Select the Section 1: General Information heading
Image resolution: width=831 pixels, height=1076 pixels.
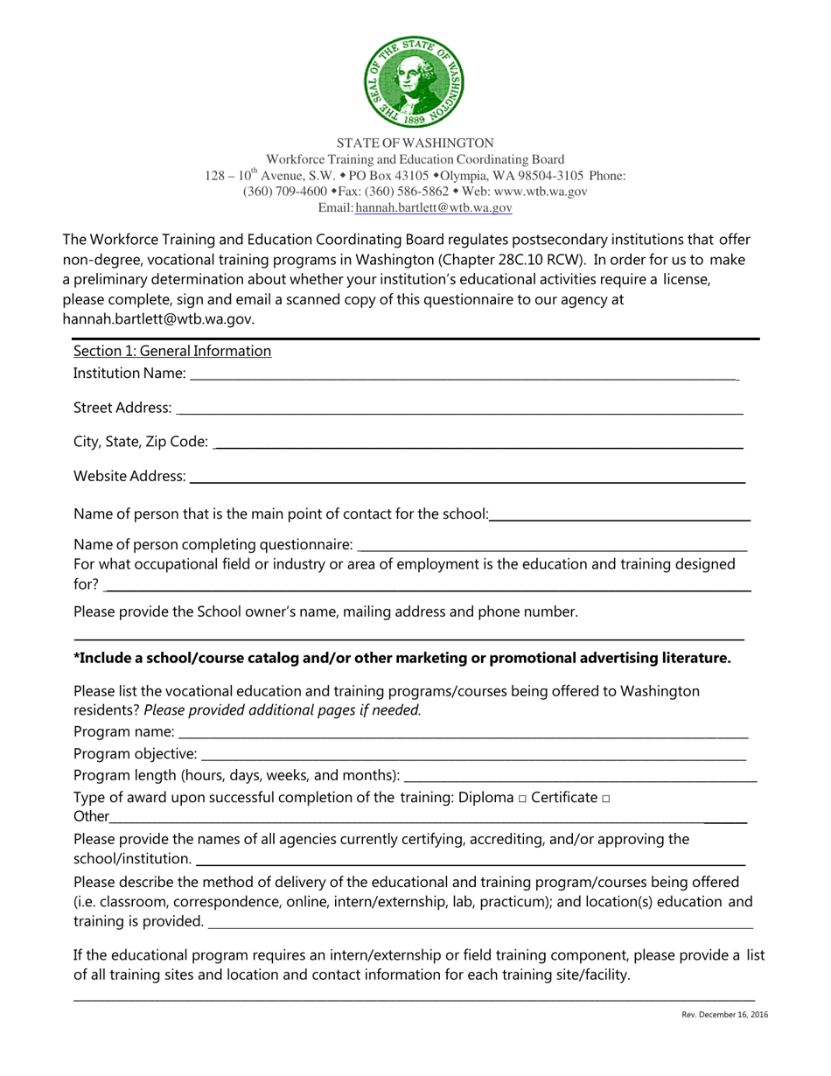pos(172,351)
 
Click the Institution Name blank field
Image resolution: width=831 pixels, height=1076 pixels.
pos(464,374)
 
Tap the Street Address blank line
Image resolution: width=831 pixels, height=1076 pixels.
pos(458,409)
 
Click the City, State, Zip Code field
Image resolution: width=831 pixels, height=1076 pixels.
pos(478,444)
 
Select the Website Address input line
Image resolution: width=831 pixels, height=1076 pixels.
pos(467,478)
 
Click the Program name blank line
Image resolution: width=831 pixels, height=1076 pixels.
pos(463,732)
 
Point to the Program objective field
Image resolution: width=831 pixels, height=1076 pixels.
pos(473,754)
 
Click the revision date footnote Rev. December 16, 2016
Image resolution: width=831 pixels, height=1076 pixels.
pos(725,1015)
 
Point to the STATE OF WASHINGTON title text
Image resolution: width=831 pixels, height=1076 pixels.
pos(415,143)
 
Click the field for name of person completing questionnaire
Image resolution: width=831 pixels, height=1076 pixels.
pos(552,546)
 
